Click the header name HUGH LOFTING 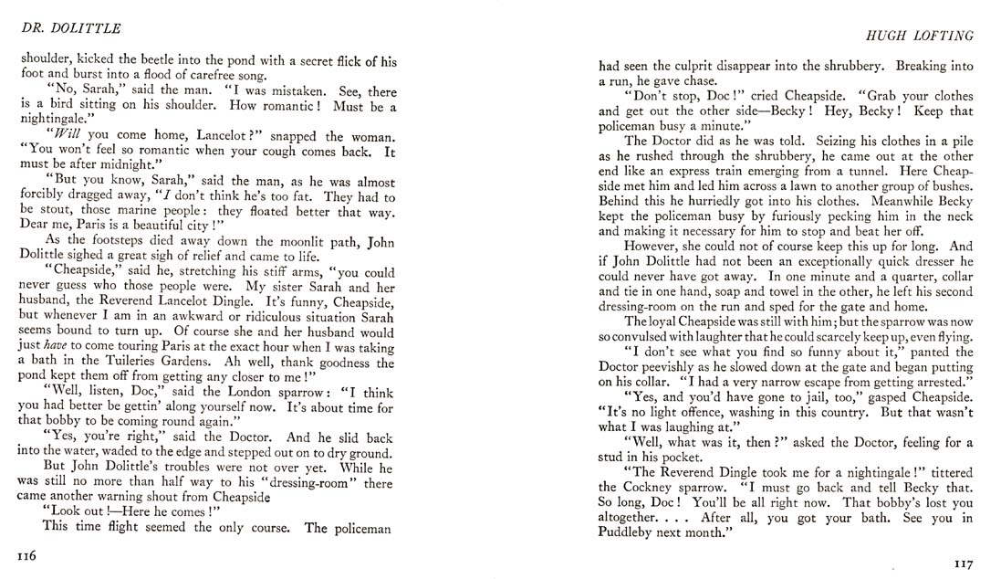coord(926,35)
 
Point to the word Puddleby coord(632,535)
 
